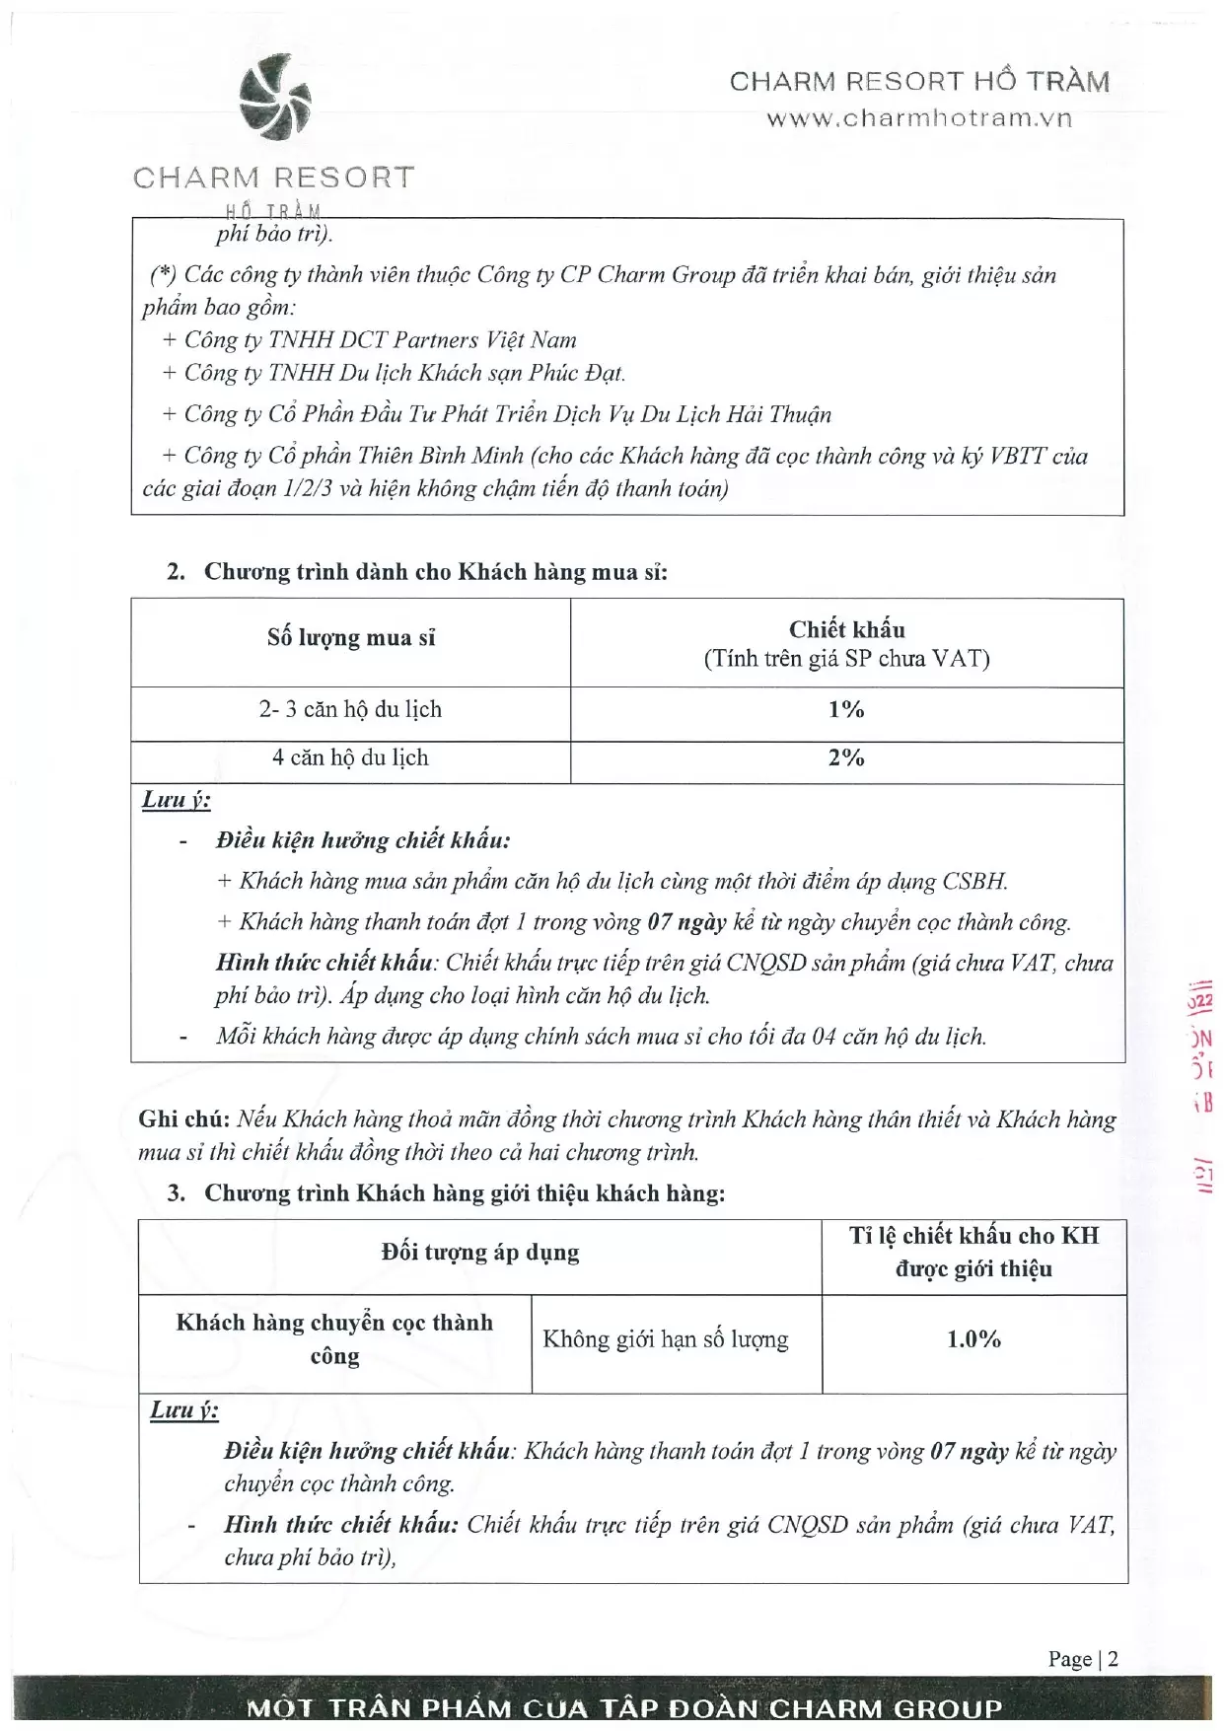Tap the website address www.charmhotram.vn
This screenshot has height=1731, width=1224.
click(919, 118)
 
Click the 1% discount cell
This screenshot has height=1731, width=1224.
click(846, 710)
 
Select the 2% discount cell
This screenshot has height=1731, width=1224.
click(846, 758)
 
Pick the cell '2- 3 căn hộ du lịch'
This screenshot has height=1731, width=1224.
click(350, 710)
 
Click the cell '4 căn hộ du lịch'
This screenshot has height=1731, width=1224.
click(350, 758)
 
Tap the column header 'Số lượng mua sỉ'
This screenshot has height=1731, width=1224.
click(350, 638)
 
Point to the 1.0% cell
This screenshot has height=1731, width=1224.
click(973, 1339)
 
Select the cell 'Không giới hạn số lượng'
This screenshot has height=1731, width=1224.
click(666, 1339)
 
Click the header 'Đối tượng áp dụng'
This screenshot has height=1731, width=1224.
click(480, 1253)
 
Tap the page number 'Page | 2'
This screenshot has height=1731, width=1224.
click(1083, 1659)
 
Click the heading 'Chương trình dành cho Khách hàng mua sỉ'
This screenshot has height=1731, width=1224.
click(435, 572)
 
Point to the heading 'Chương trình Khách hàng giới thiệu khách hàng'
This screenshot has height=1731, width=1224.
click(464, 1193)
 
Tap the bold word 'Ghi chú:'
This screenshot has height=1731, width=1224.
click(184, 1119)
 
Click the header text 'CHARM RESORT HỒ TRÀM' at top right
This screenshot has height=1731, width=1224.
click(919, 82)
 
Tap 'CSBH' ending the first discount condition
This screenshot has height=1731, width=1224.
click(973, 881)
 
